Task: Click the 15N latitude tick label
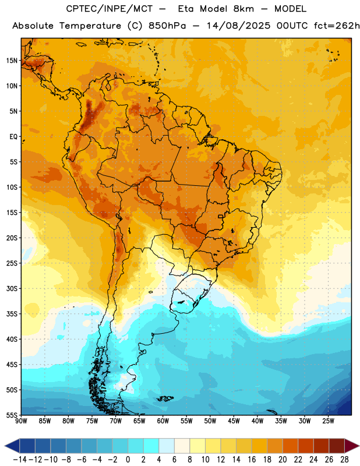12,61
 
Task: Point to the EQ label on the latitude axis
13,137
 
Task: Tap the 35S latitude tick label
12,314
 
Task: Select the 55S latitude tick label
12,415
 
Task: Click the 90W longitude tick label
21,421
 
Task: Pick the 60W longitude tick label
163,421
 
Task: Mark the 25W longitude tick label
328,421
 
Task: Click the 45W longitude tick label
234,421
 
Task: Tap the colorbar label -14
20,460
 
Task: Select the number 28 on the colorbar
344,460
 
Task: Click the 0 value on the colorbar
128,460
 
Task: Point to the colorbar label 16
252,460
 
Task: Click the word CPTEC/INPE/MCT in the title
110,9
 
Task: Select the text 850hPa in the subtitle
167,26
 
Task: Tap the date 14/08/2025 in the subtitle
239,26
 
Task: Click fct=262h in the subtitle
337,26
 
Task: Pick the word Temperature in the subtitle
90,26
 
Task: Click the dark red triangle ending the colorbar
352,446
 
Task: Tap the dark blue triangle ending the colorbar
12,446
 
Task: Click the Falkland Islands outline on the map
165,398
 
